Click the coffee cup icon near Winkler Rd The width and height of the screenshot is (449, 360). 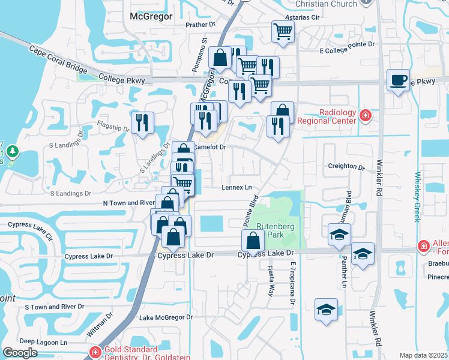[x=397, y=80]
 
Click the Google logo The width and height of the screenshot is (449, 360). [x=20, y=353]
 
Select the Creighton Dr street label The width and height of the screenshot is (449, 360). [x=346, y=167]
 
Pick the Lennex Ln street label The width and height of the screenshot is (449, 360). [x=237, y=187]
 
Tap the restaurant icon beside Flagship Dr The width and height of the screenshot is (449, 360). [x=142, y=122]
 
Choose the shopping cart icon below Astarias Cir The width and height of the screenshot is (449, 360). [x=283, y=31]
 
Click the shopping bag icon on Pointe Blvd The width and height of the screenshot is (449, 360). [x=253, y=241]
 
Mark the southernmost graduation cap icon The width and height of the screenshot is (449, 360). [x=326, y=310]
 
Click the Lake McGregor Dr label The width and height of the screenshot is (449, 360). [x=165, y=317]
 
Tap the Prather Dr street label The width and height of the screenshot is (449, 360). [x=200, y=25]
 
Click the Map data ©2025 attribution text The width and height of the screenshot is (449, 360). [x=424, y=355]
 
